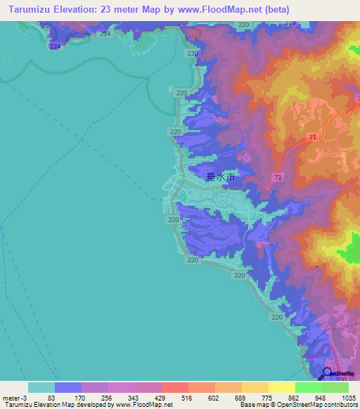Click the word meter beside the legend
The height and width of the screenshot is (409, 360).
11,397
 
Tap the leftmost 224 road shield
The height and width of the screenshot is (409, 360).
56,46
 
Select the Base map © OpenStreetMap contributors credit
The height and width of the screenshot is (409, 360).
298,405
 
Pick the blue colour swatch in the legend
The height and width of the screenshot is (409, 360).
68,387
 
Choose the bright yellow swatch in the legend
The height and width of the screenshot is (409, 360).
282,387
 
